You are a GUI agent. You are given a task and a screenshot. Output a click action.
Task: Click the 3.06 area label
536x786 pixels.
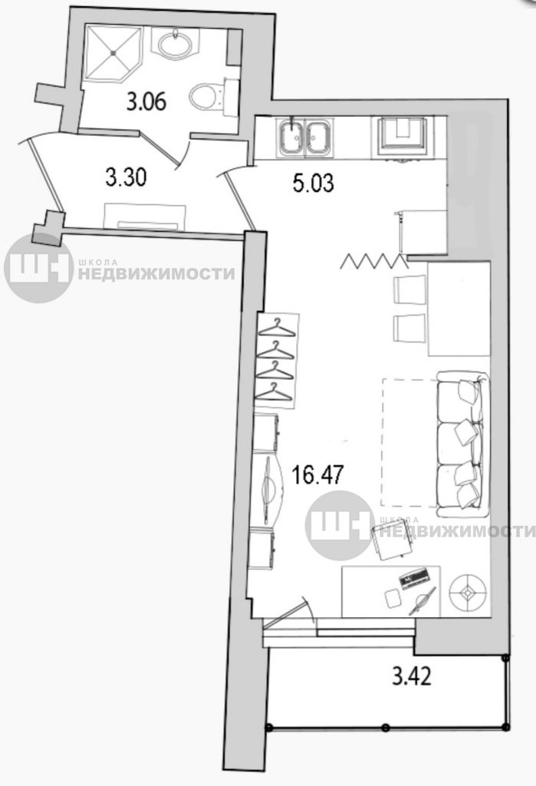click(146, 102)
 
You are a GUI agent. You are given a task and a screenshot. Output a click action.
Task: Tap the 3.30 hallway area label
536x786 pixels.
click(126, 177)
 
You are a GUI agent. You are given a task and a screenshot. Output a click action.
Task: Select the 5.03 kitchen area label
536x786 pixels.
click(314, 183)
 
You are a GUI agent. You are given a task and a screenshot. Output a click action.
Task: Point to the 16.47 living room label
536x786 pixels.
click(318, 474)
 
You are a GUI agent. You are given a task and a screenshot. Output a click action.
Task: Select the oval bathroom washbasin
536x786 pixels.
click(176, 43)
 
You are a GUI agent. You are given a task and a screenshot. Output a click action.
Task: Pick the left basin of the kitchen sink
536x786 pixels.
click(291, 137)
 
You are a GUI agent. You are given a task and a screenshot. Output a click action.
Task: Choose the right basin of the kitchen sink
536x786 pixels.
click(318, 137)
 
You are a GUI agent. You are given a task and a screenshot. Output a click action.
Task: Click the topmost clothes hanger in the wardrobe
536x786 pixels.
click(277, 329)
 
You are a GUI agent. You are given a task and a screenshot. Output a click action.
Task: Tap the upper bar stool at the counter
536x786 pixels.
click(409, 289)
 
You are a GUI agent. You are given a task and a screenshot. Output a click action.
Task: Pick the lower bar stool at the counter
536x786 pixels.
click(409, 328)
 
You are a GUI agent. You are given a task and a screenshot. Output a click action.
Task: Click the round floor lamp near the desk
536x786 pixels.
click(468, 593)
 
